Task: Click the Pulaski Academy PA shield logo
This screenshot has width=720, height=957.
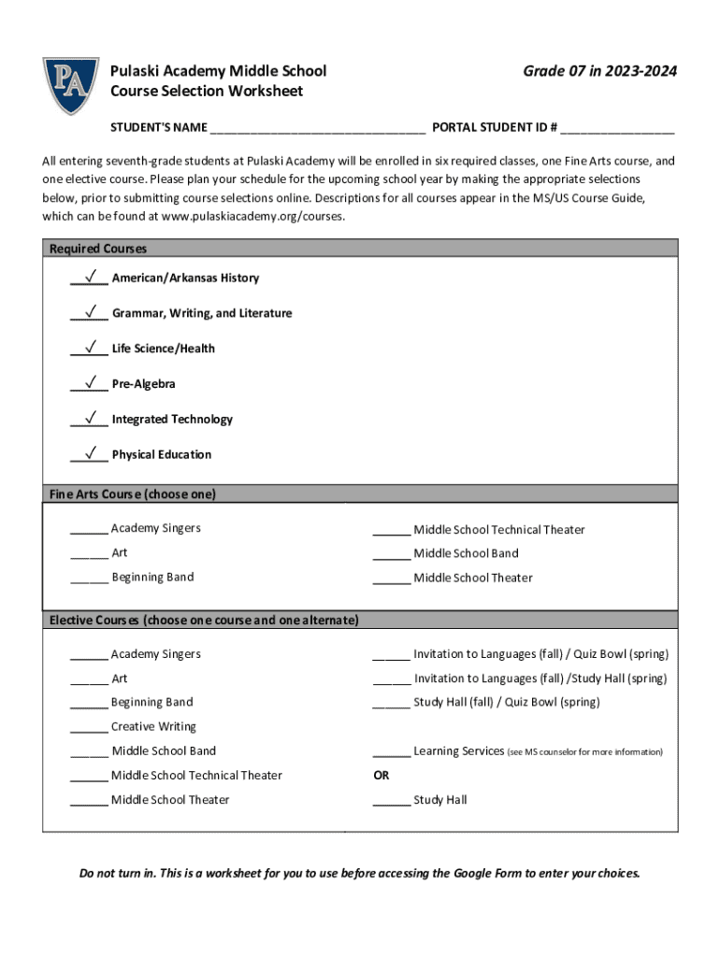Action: point(70,85)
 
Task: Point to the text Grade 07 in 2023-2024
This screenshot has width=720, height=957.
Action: point(599,71)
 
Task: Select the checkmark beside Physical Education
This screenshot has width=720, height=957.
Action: point(92,453)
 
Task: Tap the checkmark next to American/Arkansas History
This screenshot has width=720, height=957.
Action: point(92,277)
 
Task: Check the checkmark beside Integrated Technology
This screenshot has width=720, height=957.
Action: point(92,418)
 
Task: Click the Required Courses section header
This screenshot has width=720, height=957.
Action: point(98,249)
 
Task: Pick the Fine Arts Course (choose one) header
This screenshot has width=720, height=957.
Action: point(133,493)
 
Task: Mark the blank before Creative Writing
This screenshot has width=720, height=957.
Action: point(89,728)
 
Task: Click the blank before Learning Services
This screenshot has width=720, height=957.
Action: point(391,752)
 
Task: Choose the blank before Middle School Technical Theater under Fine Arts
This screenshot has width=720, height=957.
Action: point(391,531)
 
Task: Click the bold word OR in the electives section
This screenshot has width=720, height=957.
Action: point(381,775)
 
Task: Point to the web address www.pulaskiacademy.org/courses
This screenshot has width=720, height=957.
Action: point(252,216)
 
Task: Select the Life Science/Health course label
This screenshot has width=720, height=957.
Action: point(163,349)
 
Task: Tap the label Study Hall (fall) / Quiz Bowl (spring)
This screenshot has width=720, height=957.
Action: point(506,702)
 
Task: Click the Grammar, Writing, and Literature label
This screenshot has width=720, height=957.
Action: point(201,313)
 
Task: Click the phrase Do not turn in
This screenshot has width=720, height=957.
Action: point(117,874)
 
